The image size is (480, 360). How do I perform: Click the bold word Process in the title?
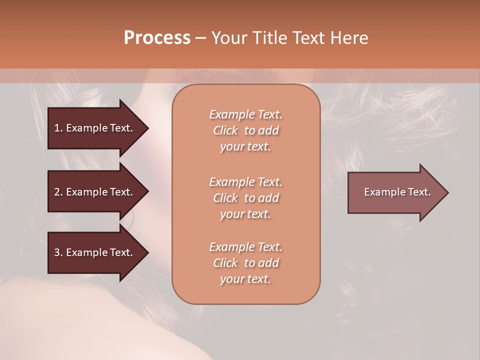tap(157, 38)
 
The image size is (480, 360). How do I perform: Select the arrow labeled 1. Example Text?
tap(95, 128)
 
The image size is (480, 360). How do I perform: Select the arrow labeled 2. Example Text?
tap(95, 192)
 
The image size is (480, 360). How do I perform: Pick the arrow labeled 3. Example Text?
tap(95, 252)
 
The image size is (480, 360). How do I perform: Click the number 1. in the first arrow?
tap(58, 128)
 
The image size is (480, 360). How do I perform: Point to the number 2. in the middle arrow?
tap(58, 192)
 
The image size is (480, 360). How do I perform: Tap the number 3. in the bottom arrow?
tap(58, 252)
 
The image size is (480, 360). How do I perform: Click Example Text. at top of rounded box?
tap(245, 114)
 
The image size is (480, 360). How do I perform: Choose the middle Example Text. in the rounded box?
tap(245, 181)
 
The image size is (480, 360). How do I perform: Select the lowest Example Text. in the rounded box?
tap(245, 247)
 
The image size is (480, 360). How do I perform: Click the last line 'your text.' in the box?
tap(245, 279)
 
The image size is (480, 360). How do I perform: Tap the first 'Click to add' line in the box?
tap(245, 130)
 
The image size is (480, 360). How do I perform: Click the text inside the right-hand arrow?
tap(397, 192)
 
